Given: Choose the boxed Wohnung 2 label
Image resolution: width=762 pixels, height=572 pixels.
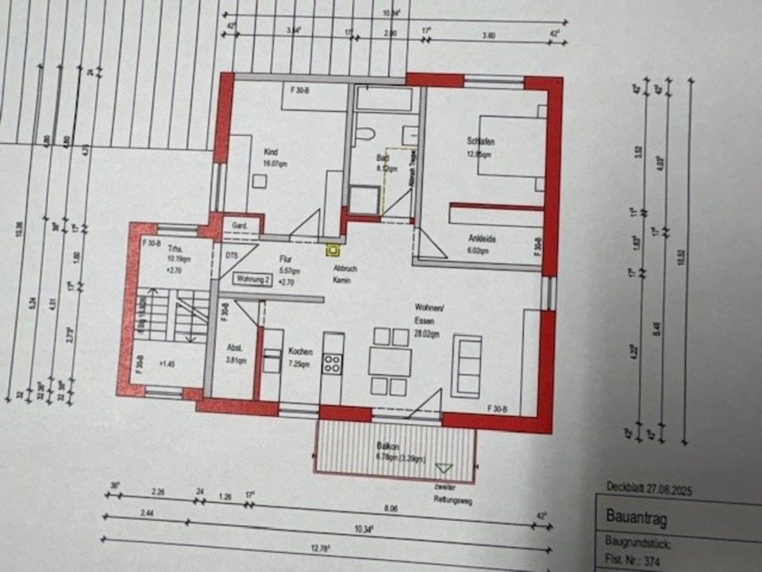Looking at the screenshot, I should (254, 278).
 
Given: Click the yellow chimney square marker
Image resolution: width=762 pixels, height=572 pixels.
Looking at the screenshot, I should (333, 251).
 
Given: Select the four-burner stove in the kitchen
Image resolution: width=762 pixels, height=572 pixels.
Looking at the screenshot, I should (332, 365).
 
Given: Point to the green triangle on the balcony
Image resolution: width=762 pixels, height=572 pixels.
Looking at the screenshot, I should (444, 470).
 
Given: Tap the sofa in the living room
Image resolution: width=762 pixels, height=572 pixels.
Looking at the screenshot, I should (466, 365).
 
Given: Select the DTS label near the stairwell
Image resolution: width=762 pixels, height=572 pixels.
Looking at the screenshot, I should (231, 256).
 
